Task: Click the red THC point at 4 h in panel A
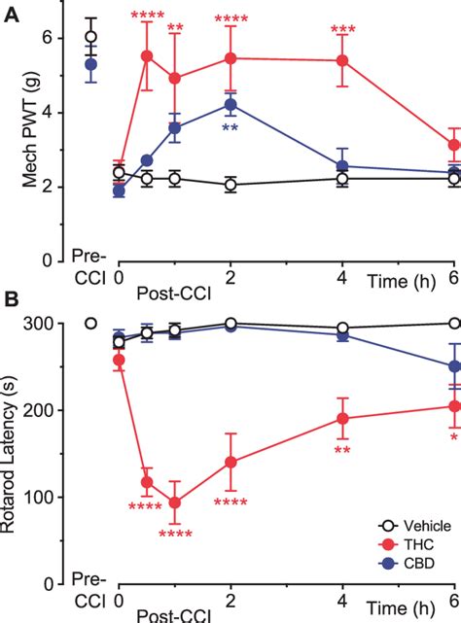(x=342, y=60)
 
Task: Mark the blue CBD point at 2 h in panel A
(x=230, y=104)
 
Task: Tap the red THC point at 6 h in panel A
(x=454, y=145)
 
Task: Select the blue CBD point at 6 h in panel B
(x=454, y=366)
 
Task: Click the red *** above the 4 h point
(x=342, y=30)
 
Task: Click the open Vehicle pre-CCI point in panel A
(x=91, y=36)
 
